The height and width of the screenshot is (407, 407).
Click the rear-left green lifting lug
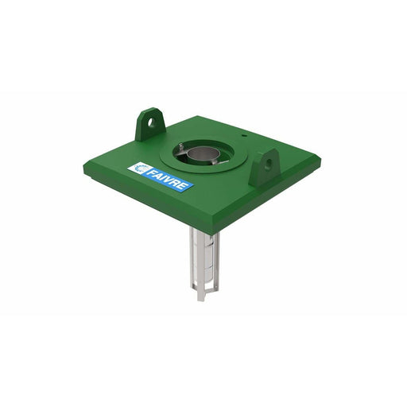pos(149,126)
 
